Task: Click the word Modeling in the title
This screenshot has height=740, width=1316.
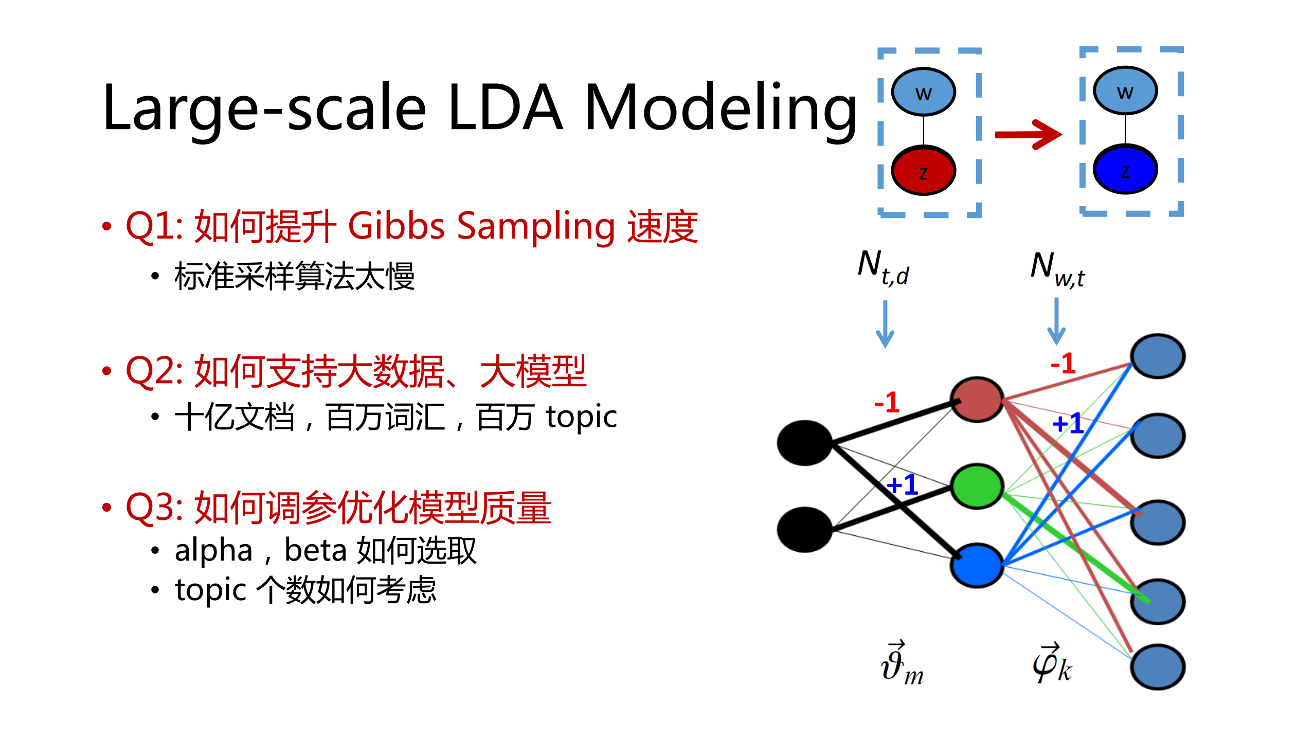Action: [720, 108]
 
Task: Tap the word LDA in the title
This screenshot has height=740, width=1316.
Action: [505, 108]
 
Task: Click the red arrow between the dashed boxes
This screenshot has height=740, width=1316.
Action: [1027, 135]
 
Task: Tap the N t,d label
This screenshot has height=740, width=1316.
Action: [882, 267]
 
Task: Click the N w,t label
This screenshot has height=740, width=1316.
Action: [1057, 269]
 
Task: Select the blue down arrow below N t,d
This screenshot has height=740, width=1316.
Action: [885, 324]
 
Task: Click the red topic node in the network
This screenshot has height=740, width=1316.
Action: [976, 400]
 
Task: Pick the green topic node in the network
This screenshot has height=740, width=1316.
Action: [976, 486]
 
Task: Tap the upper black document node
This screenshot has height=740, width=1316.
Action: [804, 443]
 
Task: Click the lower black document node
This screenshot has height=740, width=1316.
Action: [804, 530]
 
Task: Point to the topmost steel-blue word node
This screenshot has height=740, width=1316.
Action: [1157, 356]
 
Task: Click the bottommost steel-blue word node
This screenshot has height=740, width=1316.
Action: [1157, 667]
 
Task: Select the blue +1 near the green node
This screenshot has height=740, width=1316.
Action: [902, 484]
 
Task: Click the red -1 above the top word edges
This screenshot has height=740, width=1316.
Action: [1062, 364]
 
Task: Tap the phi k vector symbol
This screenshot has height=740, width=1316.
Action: [1052, 663]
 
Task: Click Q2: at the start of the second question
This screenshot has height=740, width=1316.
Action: [154, 371]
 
